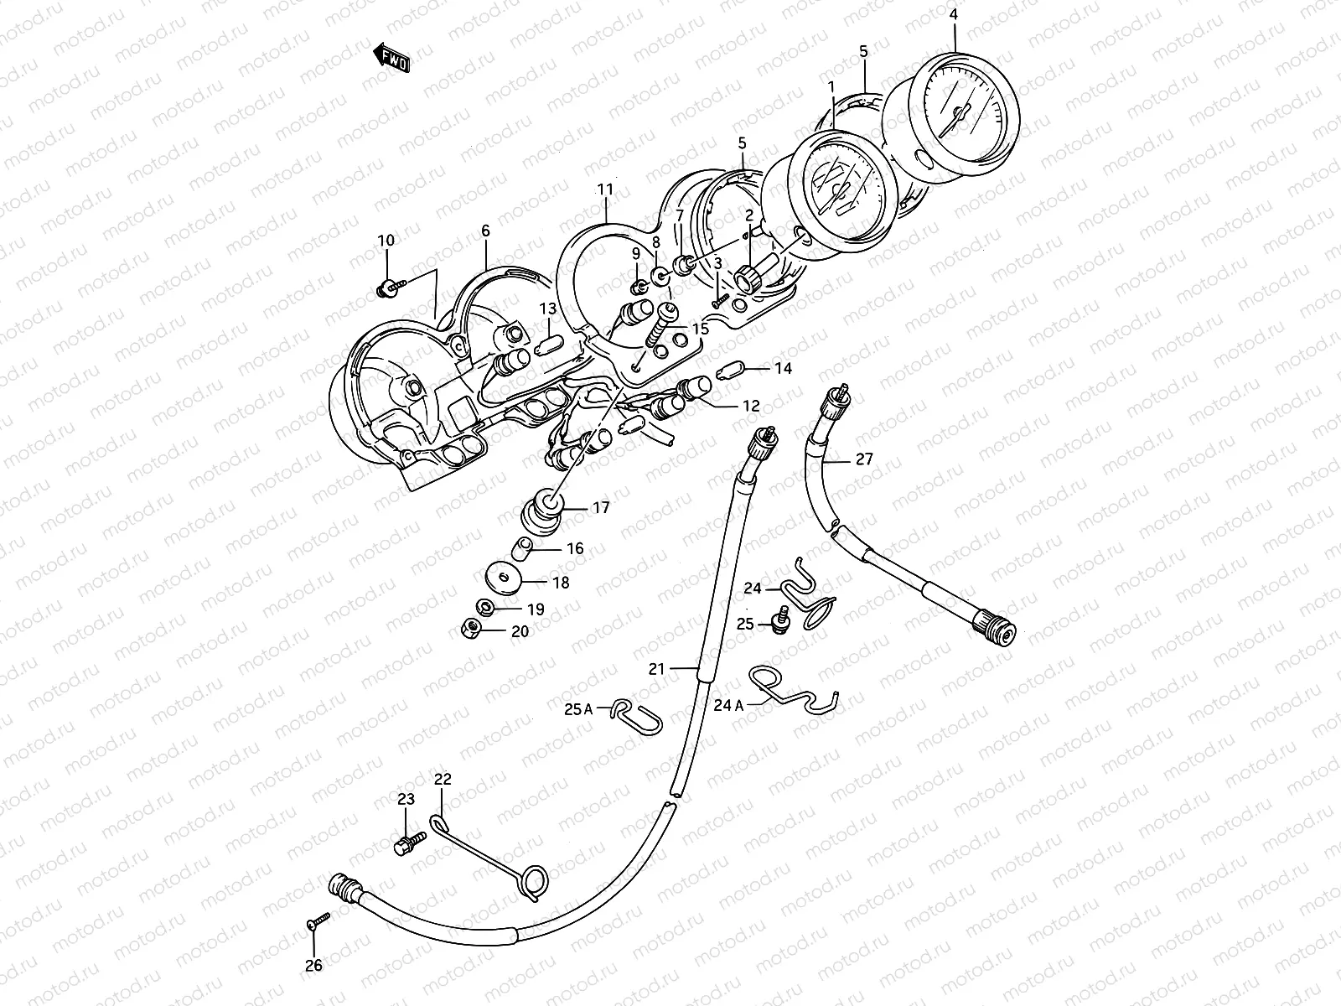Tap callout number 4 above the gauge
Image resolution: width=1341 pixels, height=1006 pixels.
[953, 13]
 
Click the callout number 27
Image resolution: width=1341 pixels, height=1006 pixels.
[864, 459]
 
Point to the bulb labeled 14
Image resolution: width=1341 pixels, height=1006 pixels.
[728, 370]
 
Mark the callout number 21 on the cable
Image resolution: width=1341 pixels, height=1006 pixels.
[655, 668]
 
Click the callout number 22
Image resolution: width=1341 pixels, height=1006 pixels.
[443, 780]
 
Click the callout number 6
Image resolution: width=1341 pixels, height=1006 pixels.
[485, 230]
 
